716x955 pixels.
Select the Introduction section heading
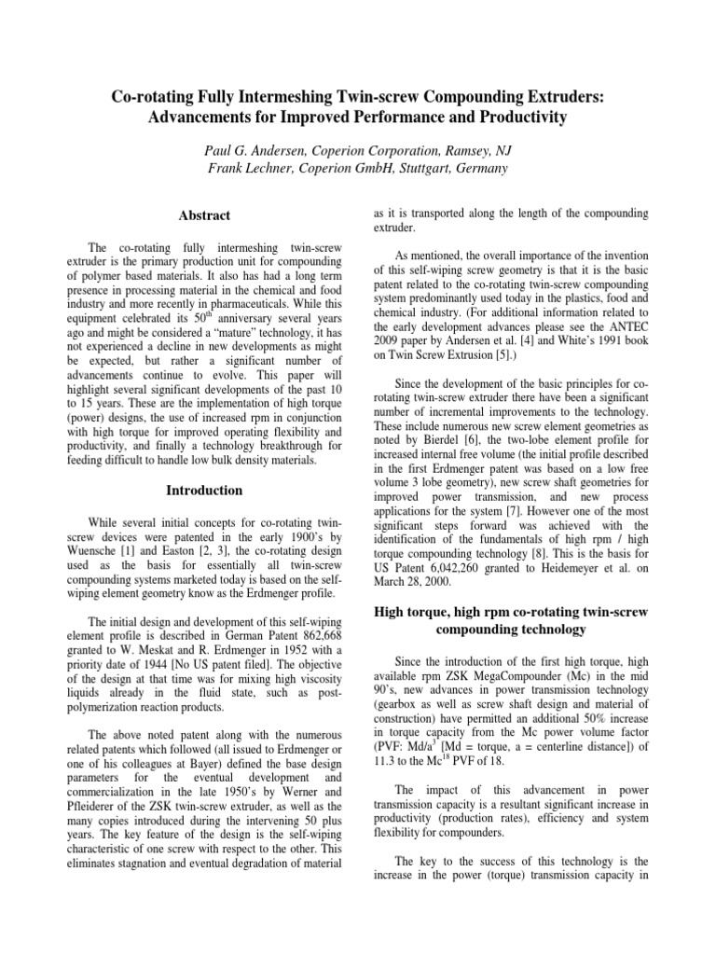point(203,491)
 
